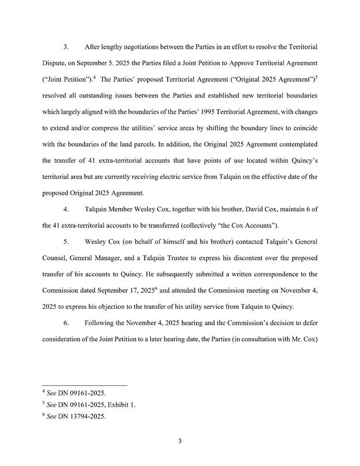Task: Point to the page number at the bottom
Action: coord(180,442)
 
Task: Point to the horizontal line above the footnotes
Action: coord(85,385)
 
